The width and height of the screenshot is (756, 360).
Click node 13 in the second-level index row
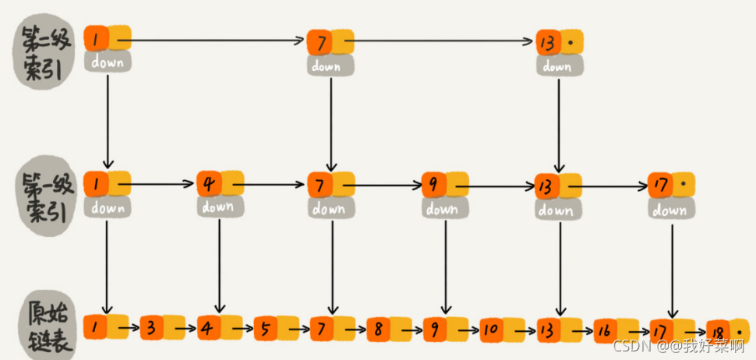tap(560, 42)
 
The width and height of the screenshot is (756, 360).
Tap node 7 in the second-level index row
tap(330, 42)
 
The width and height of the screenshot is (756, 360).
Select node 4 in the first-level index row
tap(220, 184)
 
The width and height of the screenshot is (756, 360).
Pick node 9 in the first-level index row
tap(445, 185)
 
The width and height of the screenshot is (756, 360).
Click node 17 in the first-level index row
tap(671, 185)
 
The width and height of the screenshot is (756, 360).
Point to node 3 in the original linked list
tap(162, 328)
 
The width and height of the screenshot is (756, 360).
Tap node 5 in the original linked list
tap(276, 328)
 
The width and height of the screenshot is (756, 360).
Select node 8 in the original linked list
tap(389, 329)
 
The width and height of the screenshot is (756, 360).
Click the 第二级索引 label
tap(43, 51)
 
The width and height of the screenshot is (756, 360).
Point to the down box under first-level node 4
tap(220, 206)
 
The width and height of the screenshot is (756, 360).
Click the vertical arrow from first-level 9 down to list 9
tap(446, 267)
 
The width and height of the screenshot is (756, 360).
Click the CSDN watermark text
tap(678, 345)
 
